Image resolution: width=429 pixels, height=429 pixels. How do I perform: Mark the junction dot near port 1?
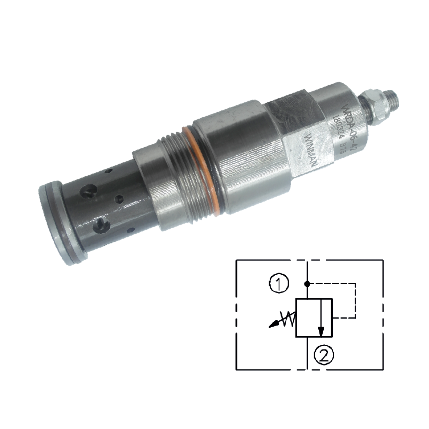point(307,283)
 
